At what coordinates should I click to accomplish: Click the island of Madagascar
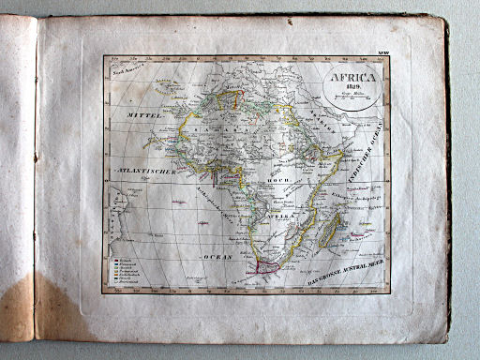tap(329, 229)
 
